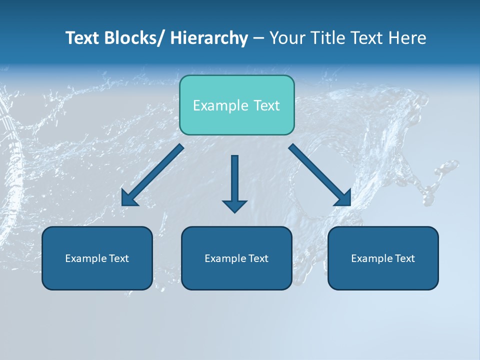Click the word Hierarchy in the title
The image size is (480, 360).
pos(209,38)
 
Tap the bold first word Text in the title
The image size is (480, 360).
pos(82,38)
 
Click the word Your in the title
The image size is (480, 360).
pos(287,38)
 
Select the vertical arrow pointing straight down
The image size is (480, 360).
pos(234,180)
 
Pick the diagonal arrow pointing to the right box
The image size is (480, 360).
pos(320,175)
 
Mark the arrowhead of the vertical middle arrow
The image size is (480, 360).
pos(234,205)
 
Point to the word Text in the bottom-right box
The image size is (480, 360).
pos(405,258)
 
